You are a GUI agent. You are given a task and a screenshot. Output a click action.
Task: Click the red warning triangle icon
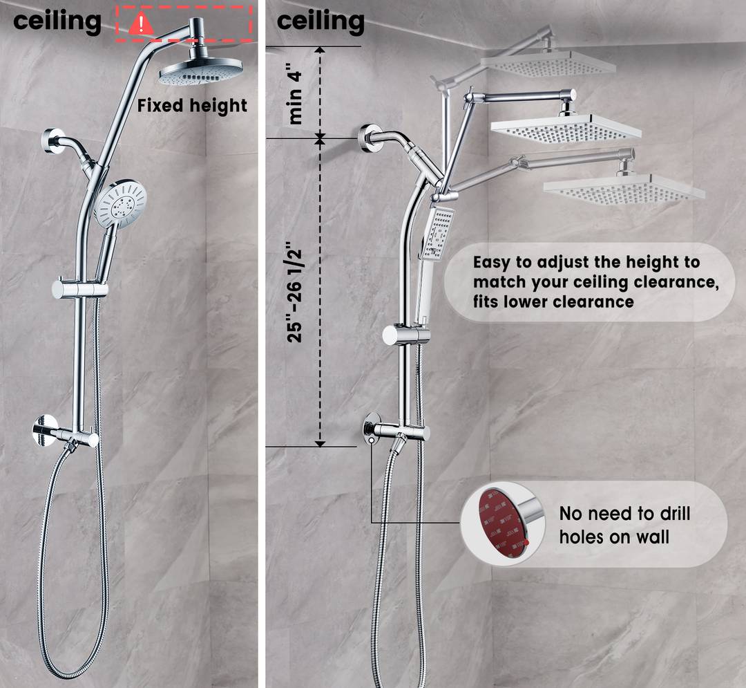pos(142,24)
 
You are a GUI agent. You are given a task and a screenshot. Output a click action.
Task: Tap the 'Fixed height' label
pos(192,106)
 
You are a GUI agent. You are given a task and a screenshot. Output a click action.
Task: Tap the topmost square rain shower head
pos(548,62)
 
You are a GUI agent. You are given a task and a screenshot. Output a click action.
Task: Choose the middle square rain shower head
pos(566,128)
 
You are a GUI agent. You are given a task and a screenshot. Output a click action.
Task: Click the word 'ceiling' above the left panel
pos(57,21)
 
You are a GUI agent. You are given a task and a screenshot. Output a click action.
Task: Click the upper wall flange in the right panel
pos(368,138)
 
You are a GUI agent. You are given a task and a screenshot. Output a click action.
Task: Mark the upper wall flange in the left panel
pos(52,141)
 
